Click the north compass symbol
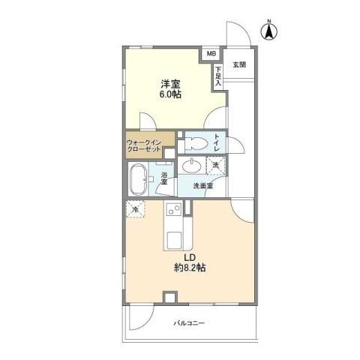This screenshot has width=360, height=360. pyautogui.click(x=268, y=31)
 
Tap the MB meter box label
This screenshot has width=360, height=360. pyautogui.click(x=211, y=54)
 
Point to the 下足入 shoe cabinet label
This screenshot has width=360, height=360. pyautogui.click(x=217, y=76)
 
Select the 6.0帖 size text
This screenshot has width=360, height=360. pyautogui.click(x=169, y=95)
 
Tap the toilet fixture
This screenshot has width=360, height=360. pyautogui.click(x=193, y=142)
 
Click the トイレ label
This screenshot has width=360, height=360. pyautogui.click(x=217, y=141)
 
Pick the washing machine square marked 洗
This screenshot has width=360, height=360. pyautogui.click(x=215, y=165)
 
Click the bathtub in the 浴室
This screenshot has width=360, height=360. pyautogui.click(x=139, y=181)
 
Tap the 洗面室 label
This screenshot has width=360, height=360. pyautogui.click(x=202, y=186)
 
